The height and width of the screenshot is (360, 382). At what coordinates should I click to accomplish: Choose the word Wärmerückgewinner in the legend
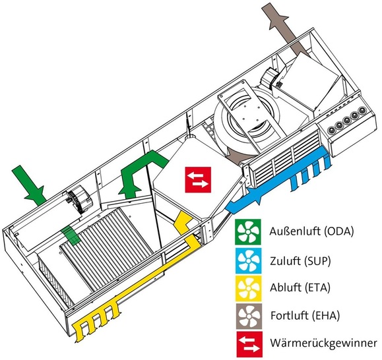point(316,344)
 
